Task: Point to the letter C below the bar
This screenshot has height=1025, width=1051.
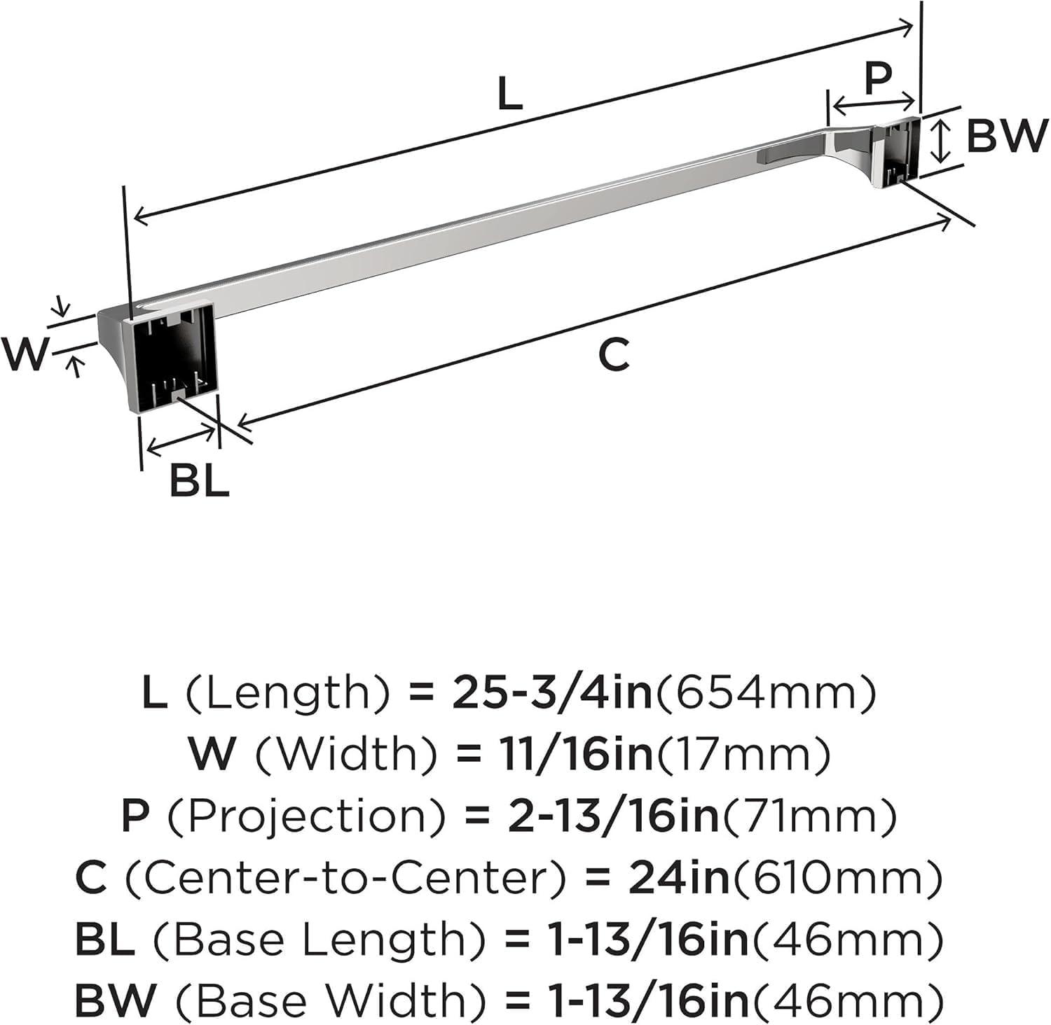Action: [x=614, y=354]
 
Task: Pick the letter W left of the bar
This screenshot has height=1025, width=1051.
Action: [x=26, y=354]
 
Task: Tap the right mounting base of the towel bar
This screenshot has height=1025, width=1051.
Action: [x=895, y=154]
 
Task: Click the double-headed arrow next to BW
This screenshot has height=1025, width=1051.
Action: [x=943, y=140]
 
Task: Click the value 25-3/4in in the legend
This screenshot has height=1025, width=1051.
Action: [x=554, y=693]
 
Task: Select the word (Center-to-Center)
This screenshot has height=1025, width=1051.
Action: [x=346, y=878]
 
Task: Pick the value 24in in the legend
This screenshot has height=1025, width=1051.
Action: [x=679, y=878]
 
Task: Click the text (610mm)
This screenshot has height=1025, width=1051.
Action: [x=836, y=879]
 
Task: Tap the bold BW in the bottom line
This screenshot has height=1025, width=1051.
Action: [x=115, y=1001]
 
